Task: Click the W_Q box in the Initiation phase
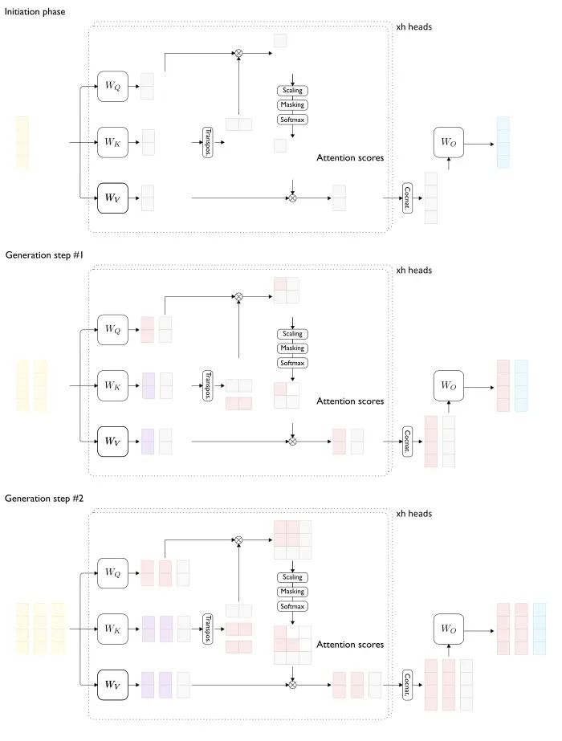112,86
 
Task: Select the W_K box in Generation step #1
112,386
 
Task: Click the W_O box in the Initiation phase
449,142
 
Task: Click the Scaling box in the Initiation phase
292,91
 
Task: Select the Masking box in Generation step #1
292,348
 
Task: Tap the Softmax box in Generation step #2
292,606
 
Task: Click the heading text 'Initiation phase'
35,12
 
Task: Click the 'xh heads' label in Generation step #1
414,271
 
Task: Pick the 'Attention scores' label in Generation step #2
350,645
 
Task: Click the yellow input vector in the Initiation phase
22,143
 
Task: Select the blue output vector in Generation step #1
521,386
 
